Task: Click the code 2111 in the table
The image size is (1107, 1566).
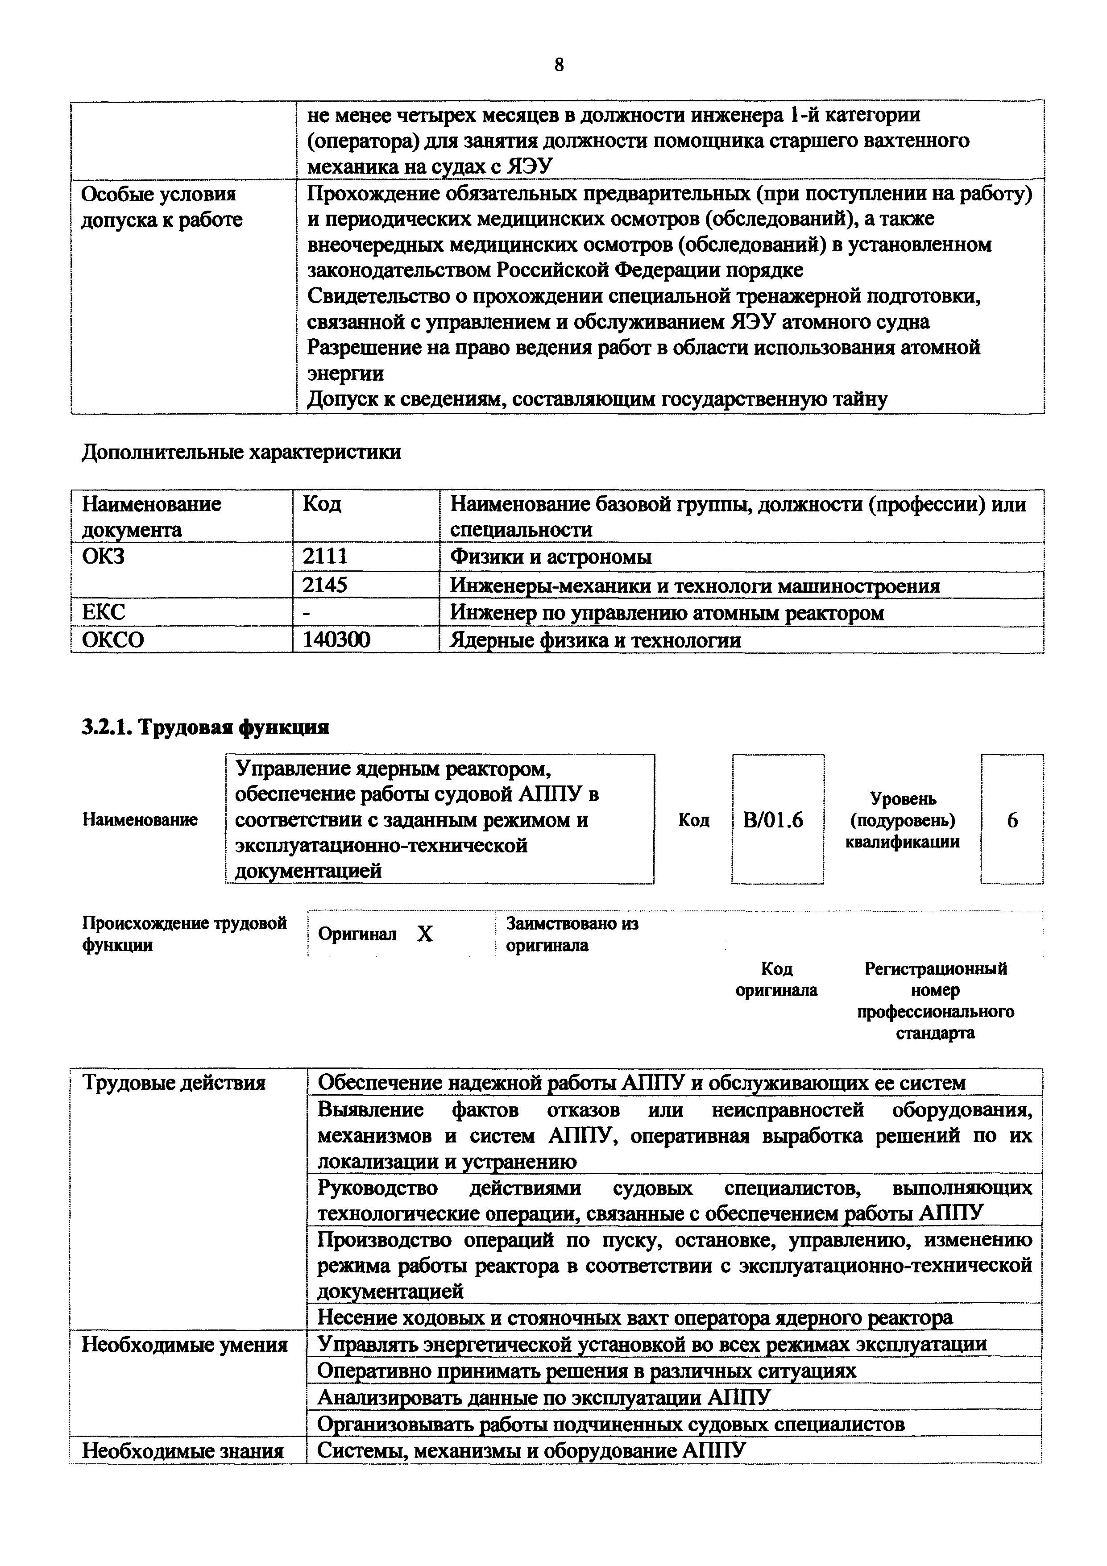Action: (x=325, y=557)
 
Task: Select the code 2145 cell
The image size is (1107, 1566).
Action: (x=325, y=585)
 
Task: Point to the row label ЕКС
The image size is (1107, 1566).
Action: (x=103, y=612)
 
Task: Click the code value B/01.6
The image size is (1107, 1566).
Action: (x=773, y=819)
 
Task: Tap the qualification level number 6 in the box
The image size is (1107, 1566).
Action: (x=1012, y=819)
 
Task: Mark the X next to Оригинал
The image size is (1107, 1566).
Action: (x=425, y=934)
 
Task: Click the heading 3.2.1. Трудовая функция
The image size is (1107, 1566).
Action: (x=205, y=727)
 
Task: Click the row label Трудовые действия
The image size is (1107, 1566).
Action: (x=173, y=1082)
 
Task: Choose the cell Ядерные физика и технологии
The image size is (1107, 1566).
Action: (x=595, y=640)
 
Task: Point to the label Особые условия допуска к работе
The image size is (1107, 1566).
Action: (x=161, y=207)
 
